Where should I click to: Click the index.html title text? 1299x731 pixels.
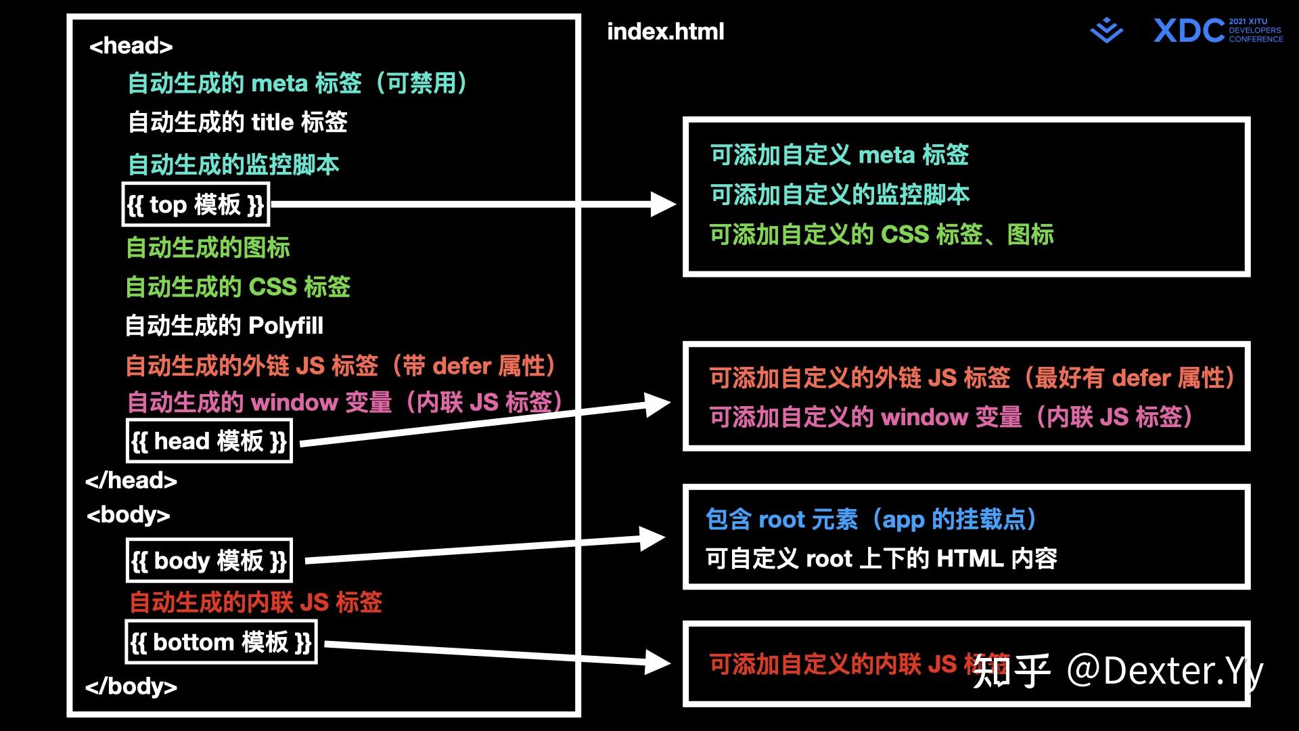click(x=665, y=32)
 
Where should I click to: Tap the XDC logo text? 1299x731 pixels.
click(x=1189, y=31)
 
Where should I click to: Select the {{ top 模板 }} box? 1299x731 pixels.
click(x=196, y=204)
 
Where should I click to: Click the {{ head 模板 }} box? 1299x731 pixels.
click(x=209, y=441)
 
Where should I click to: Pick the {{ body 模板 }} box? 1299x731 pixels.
click(x=209, y=560)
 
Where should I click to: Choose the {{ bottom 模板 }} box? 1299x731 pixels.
click(x=221, y=642)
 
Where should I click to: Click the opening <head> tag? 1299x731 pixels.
click(x=131, y=46)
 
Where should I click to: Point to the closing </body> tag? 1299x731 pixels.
click(x=131, y=686)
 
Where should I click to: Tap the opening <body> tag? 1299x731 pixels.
click(x=128, y=515)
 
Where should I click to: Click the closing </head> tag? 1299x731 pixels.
click(x=131, y=481)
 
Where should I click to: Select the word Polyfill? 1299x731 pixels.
click(x=286, y=326)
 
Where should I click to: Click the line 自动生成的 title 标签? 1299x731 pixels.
click(x=237, y=123)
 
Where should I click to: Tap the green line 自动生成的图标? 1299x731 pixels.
click(x=208, y=248)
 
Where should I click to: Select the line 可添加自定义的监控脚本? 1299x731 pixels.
click(x=840, y=195)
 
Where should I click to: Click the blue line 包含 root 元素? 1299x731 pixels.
click(x=871, y=519)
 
